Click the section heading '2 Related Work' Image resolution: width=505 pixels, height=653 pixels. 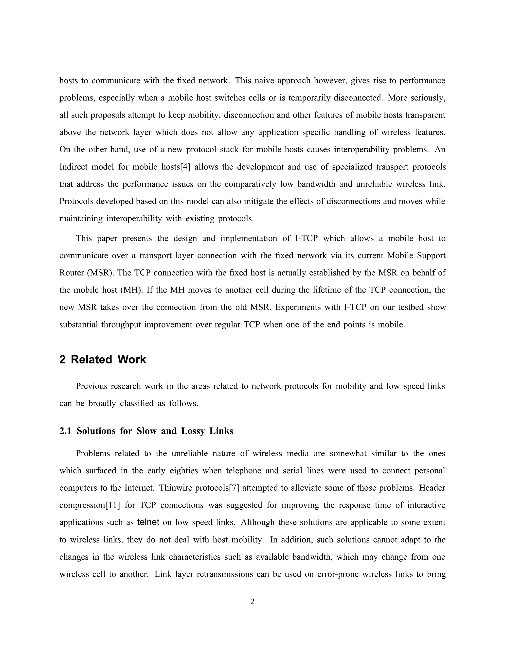[103, 359]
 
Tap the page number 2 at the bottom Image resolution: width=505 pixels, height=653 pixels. [252, 601]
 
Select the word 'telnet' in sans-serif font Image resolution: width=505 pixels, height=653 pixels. [148, 522]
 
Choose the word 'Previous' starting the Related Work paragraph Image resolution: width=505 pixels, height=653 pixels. [91, 386]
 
